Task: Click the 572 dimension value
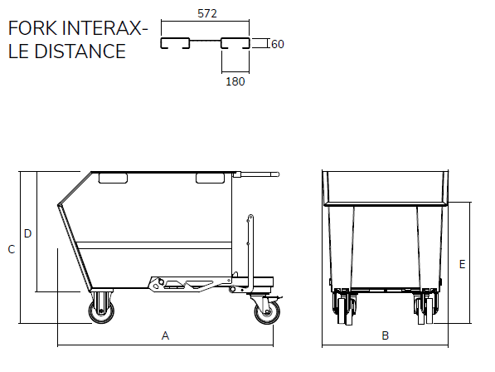[207, 13]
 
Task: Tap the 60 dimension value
[278, 44]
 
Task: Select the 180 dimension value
[235, 81]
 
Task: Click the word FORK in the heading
[32, 28]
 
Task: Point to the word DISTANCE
[80, 51]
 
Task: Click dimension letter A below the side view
[165, 335]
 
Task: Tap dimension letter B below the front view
[386, 335]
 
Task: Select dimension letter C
[12, 249]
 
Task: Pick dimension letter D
[28, 233]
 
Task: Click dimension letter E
[462, 264]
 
